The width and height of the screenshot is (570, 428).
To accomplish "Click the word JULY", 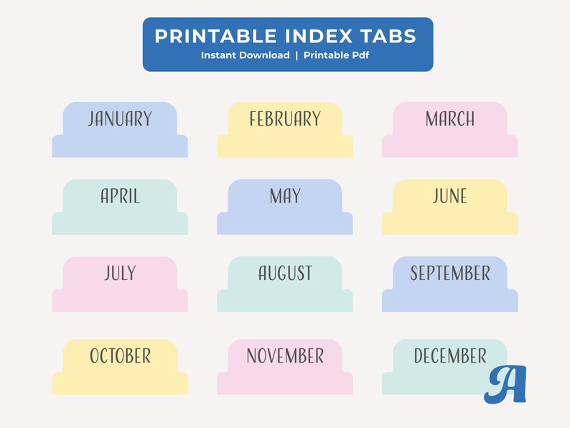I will tap(120, 273).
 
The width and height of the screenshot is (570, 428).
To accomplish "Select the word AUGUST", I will tap(285, 273).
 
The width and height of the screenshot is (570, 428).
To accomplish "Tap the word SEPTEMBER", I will tap(450, 273).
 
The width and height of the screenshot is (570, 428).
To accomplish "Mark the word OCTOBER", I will tap(120, 355).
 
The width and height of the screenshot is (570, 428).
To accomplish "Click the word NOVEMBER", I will tap(285, 355).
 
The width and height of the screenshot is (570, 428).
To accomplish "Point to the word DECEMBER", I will tap(450, 355).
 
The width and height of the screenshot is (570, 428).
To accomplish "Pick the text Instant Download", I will tap(245, 55).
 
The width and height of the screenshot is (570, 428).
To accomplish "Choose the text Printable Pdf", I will tap(336, 55).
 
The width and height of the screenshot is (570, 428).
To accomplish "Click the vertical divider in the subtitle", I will tap(296, 55).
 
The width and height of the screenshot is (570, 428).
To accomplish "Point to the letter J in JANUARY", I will tap(92, 119).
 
